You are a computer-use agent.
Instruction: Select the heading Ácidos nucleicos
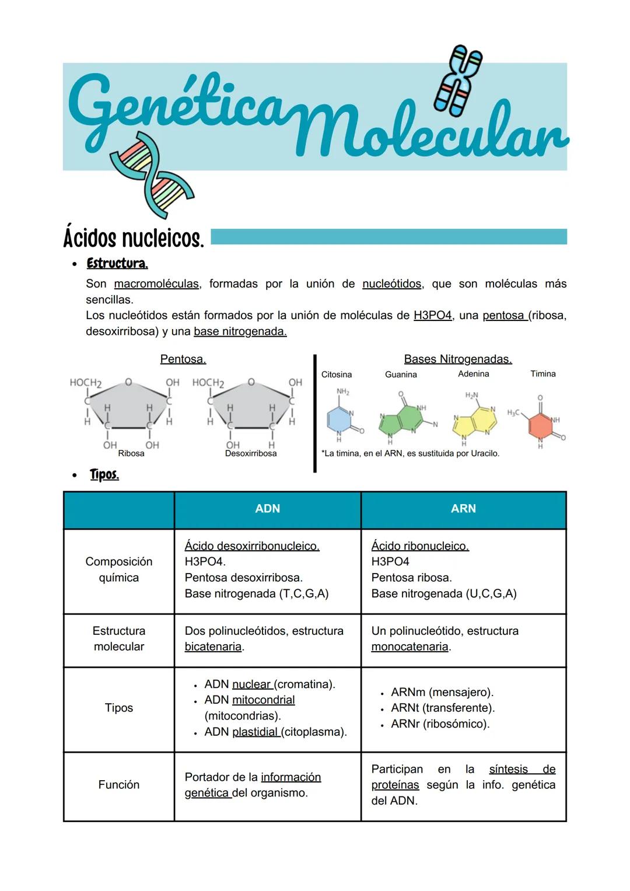point(134,238)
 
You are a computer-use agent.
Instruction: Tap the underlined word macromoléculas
point(156,284)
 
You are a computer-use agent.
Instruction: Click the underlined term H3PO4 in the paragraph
point(432,316)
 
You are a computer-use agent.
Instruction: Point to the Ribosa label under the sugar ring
point(131,453)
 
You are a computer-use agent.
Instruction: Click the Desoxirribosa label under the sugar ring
point(251,453)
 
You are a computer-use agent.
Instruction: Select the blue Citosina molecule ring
point(339,420)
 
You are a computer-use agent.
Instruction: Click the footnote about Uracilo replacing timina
point(410,453)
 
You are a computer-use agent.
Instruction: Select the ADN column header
point(267,509)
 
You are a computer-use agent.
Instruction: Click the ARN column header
point(463,509)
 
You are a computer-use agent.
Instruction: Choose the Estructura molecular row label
point(119,639)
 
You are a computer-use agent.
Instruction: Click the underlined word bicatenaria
point(213,647)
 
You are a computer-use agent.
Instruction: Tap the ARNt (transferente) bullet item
point(442,708)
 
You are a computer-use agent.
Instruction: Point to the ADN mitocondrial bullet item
point(249,700)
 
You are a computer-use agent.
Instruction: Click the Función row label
point(119,785)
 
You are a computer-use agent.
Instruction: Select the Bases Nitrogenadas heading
point(458,359)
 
